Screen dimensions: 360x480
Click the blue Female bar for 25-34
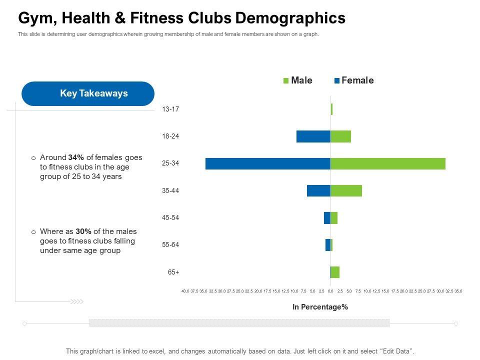tap(267, 163)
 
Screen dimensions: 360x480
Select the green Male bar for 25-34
tap(388, 163)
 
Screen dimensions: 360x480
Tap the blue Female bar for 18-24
tap(313, 136)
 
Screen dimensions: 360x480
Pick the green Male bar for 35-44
tap(346, 190)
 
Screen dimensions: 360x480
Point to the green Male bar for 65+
tap(335, 272)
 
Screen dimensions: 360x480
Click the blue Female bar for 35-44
tap(318, 190)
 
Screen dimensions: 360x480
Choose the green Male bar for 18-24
tap(340, 136)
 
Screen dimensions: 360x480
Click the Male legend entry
tap(298, 80)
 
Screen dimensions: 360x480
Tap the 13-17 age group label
tap(170, 109)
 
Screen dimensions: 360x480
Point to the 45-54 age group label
tap(170, 218)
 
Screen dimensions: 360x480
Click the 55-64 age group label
tap(170, 245)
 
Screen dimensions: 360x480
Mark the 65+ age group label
tap(173, 272)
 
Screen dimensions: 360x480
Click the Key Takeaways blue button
tap(88, 93)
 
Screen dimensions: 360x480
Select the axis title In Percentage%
tap(320, 307)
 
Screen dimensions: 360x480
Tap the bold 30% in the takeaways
tap(83, 231)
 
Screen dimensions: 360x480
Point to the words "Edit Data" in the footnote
tap(397, 351)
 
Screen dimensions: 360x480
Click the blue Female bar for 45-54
tap(327, 218)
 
